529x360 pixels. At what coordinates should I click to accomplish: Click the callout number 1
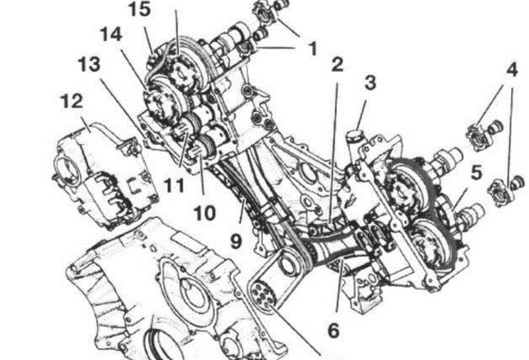coord(312,49)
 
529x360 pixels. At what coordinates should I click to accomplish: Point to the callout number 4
coord(511,70)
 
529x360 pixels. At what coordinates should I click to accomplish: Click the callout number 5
coord(476,173)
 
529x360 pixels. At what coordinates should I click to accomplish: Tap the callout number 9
coord(236,241)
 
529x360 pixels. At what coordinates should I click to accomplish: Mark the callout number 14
coord(110,34)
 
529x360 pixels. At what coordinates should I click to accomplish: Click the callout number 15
coord(140,10)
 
